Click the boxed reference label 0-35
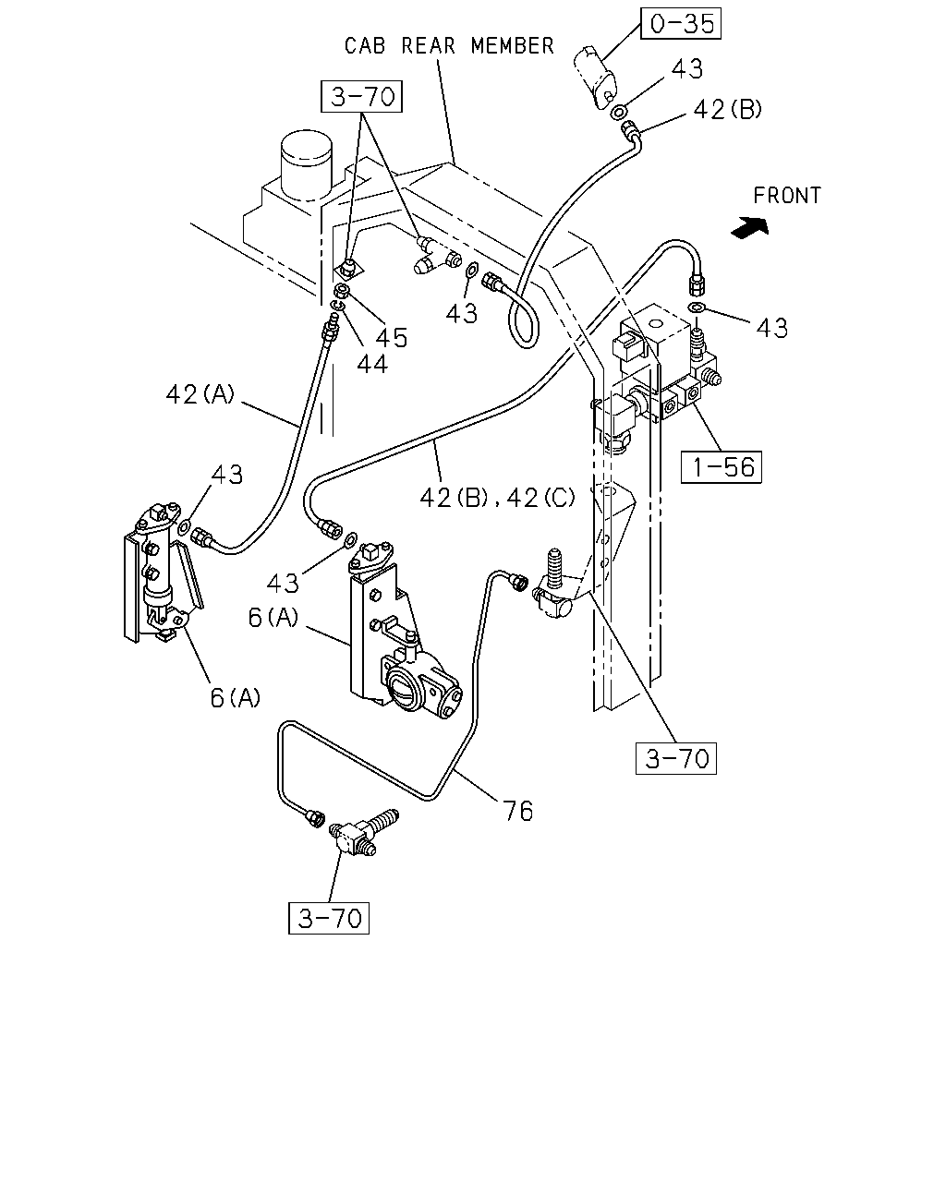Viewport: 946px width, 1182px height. coord(681,24)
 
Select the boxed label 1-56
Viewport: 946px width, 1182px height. coord(722,467)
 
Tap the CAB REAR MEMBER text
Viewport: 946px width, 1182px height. coord(449,45)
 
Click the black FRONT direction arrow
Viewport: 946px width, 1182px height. coord(750,227)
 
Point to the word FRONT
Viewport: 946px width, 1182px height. coord(787,196)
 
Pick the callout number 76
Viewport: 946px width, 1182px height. coord(517,811)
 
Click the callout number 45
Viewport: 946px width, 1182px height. coord(392,338)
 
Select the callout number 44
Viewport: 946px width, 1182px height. coord(372,364)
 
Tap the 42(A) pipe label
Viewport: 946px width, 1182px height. coord(200,394)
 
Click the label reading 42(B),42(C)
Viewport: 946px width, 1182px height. coord(497,498)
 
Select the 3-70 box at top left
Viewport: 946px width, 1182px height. coord(362,97)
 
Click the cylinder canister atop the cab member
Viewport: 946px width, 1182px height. coord(306,164)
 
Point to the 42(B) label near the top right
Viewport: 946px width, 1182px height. coord(727,110)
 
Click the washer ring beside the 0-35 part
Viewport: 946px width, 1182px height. coord(618,112)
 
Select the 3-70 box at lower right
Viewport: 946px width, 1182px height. coord(676,758)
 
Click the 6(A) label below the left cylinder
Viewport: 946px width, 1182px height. coord(235,698)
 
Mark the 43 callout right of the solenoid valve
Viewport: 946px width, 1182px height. coord(771,328)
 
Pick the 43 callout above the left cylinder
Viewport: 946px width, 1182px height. coord(227,475)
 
